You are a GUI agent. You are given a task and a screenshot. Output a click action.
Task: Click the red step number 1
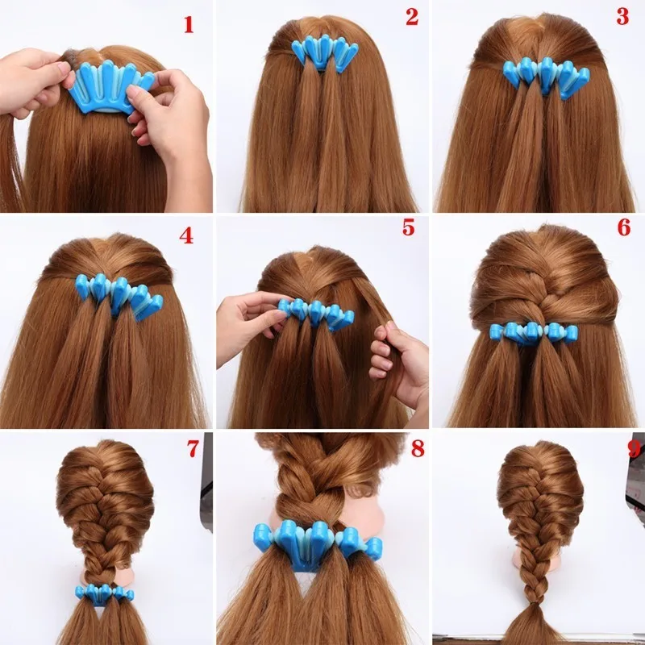click(x=189, y=24)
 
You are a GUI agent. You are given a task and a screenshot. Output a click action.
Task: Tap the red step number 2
click(x=412, y=17)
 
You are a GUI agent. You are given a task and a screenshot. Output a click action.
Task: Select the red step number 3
click(x=622, y=17)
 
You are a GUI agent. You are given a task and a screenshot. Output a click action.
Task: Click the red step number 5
click(x=409, y=227)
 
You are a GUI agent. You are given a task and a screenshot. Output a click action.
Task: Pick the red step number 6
click(x=623, y=227)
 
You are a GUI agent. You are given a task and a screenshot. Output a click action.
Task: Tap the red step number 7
click(x=193, y=448)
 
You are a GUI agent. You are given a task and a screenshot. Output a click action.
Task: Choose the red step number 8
click(x=417, y=448)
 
